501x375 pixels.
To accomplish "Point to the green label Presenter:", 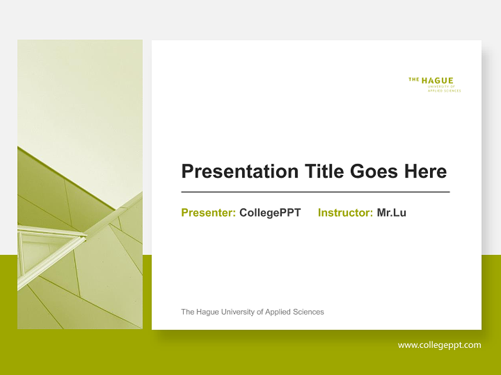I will (x=208, y=213).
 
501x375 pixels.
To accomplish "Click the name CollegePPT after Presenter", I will (x=270, y=213).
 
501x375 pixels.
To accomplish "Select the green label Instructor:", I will (x=345, y=213).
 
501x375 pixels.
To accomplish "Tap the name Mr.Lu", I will (x=391, y=213).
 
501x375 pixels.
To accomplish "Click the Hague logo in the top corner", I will (x=434, y=84).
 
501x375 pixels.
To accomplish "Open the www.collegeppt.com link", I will (x=439, y=345).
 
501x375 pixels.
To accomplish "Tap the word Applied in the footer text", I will (x=278, y=312).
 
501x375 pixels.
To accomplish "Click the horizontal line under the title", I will (x=315, y=192).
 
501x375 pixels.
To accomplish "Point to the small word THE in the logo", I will (x=414, y=80).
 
